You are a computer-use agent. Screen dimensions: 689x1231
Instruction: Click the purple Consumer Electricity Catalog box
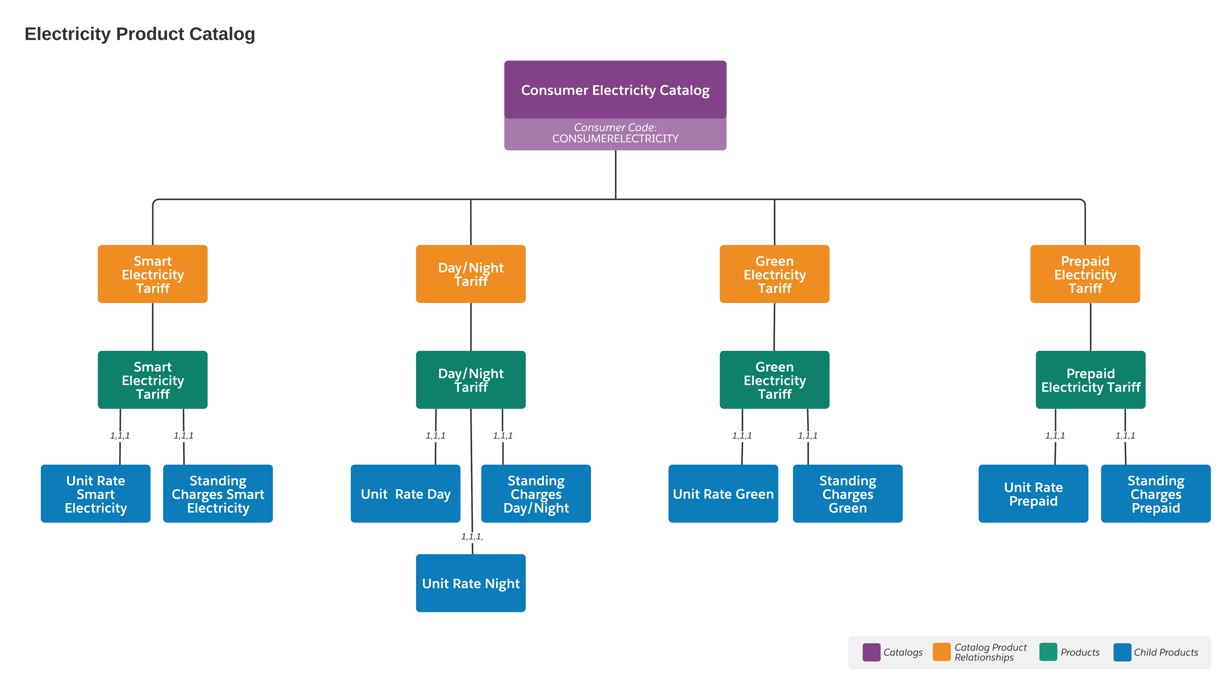pyautogui.click(x=615, y=90)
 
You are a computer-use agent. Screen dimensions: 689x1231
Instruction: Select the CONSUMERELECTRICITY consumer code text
pyautogui.click(x=615, y=138)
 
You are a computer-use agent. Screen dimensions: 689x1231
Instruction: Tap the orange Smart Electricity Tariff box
pyautogui.click(x=152, y=274)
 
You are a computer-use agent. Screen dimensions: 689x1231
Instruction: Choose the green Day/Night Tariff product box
pyautogui.click(x=471, y=380)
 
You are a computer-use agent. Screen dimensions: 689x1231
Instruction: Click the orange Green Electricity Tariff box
pyautogui.click(x=774, y=274)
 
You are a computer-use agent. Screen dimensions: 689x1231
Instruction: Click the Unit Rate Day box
pyautogui.click(x=405, y=494)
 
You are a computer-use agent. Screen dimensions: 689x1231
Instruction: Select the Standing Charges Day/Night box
pyautogui.click(x=536, y=494)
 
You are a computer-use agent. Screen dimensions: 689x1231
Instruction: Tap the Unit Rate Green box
pyautogui.click(x=723, y=494)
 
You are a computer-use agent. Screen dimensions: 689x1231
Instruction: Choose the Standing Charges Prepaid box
pyautogui.click(x=1156, y=494)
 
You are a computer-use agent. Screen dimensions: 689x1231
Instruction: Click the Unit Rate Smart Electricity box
pyautogui.click(x=96, y=494)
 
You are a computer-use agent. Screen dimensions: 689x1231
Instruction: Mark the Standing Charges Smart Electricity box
pyautogui.click(x=218, y=494)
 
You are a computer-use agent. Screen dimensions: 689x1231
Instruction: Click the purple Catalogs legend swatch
pyautogui.click(x=871, y=652)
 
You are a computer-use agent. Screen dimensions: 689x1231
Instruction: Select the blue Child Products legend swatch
pyautogui.click(x=1122, y=652)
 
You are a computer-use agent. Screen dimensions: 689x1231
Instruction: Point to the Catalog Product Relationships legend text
pyautogui.click(x=990, y=652)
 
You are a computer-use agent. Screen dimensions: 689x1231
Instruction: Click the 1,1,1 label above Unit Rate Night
pyautogui.click(x=472, y=537)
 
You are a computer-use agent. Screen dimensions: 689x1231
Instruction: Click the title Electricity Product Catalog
pyautogui.click(x=140, y=34)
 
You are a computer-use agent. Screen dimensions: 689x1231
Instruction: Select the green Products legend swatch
pyautogui.click(x=1048, y=652)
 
